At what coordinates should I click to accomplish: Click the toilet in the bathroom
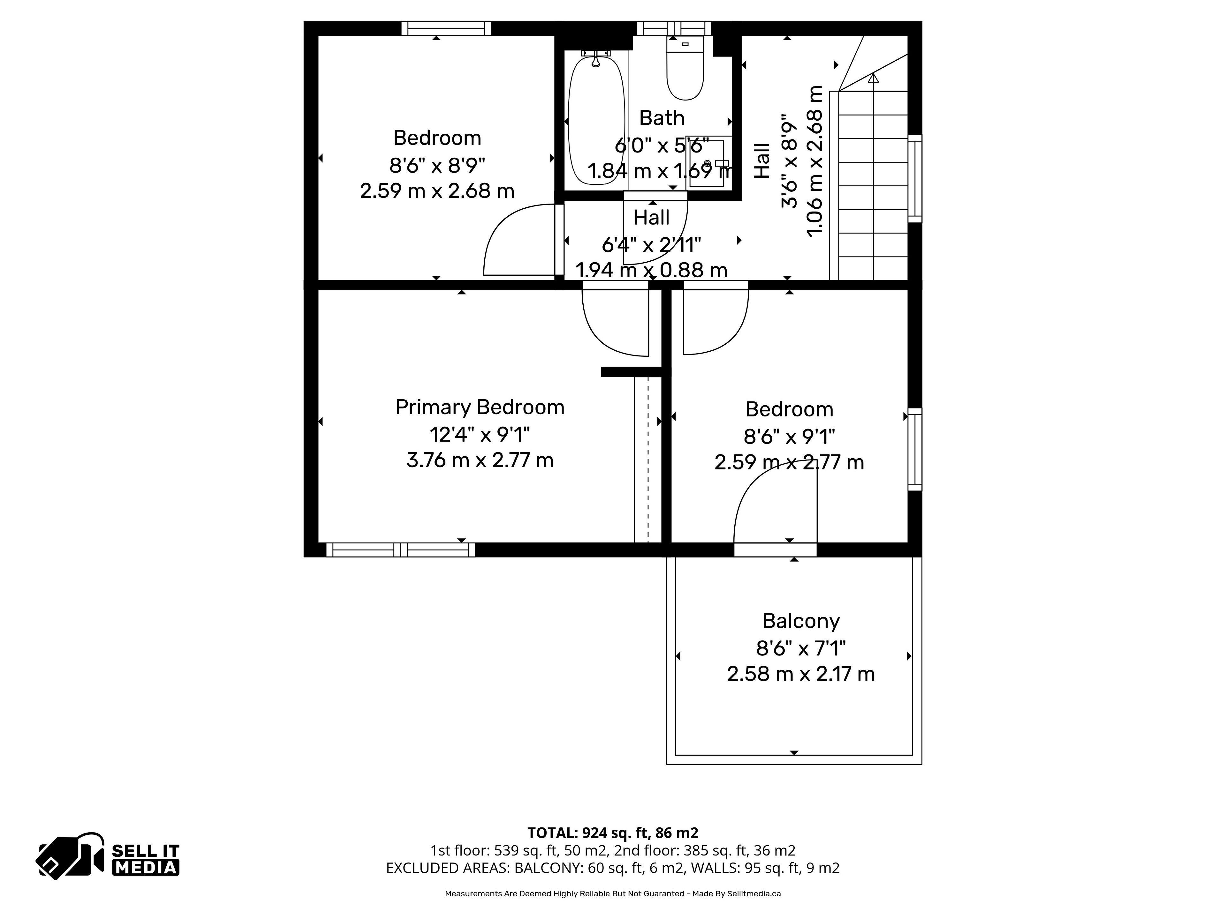[685, 69]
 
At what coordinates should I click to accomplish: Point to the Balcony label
[801, 621]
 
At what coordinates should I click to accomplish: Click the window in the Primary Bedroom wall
[400, 550]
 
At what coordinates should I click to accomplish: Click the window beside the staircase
[915, 178]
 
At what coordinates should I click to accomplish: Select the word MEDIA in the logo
[146, 868]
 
